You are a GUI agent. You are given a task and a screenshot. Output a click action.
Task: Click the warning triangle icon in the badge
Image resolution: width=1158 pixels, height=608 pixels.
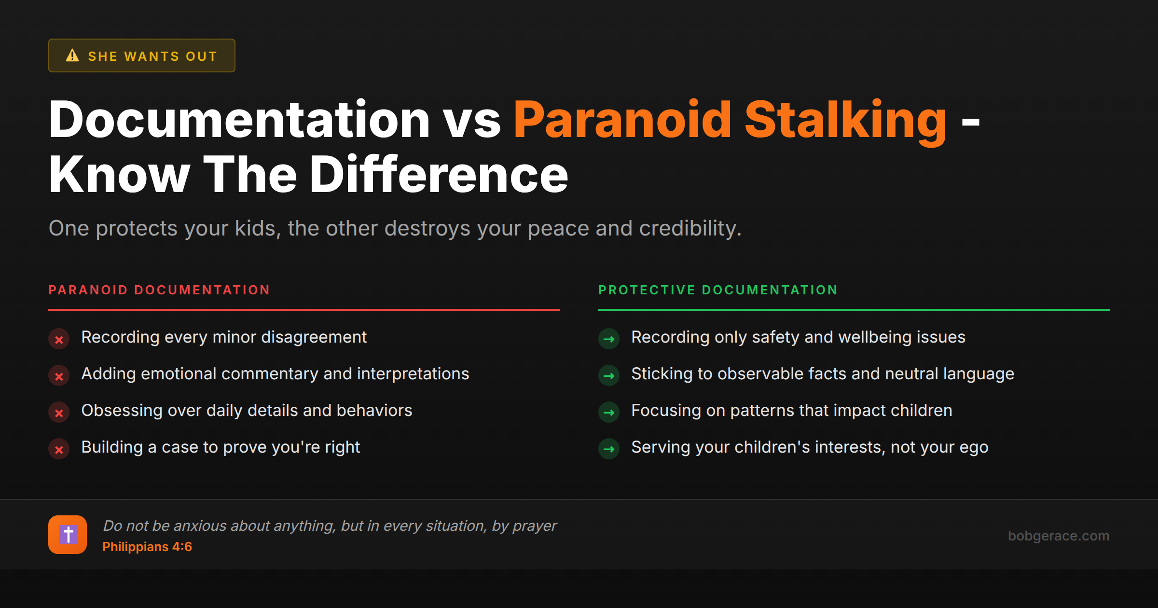(72, 55)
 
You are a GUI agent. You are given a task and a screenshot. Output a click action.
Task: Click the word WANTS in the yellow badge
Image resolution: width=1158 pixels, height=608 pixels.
(152, 56)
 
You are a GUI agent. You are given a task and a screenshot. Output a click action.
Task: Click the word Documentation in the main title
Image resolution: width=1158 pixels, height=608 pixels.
(239, 120)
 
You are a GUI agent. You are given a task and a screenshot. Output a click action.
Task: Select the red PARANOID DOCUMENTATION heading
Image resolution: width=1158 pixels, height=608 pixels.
(159, 290)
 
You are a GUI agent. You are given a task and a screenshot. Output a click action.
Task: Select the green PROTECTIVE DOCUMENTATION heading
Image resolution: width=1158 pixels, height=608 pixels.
(718, 290)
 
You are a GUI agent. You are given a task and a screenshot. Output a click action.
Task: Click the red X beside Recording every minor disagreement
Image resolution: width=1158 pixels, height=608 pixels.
(59, 339)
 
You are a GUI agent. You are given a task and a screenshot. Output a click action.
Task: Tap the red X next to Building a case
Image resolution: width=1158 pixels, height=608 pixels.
(59, 449)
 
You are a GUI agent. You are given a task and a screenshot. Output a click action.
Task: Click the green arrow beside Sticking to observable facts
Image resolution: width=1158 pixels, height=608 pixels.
(609, 376)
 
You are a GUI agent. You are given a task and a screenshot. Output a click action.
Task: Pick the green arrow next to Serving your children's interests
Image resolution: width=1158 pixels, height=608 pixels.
(609, 449)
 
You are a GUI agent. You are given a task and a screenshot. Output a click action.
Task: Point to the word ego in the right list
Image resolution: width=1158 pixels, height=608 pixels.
(974, 447)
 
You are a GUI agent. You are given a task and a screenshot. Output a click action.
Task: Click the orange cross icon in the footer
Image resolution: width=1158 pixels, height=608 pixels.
(68, 535)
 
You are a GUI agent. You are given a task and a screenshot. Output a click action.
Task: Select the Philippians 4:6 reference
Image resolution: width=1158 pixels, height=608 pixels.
(147, 547)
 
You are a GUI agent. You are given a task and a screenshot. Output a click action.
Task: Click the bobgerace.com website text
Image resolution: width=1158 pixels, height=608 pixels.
(1058, 536)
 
